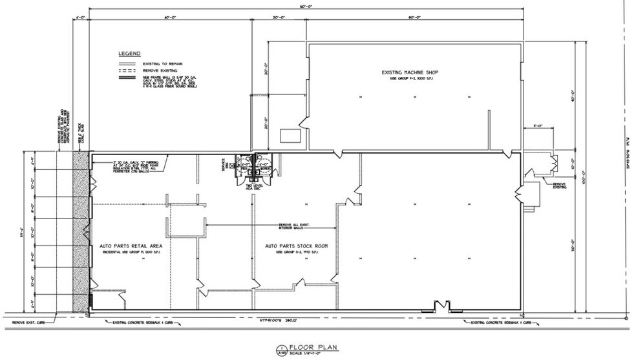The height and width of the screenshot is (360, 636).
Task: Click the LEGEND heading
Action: pyautogui.click(x=129, y=53)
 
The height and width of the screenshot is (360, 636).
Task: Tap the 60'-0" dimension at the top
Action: pyautogui.click(x=171, y=17)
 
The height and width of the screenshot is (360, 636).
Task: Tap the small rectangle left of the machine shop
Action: pyautogui.click(x=288, y=135)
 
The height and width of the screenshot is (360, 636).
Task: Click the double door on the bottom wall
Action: pyautogui.click(x=441, y=306)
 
